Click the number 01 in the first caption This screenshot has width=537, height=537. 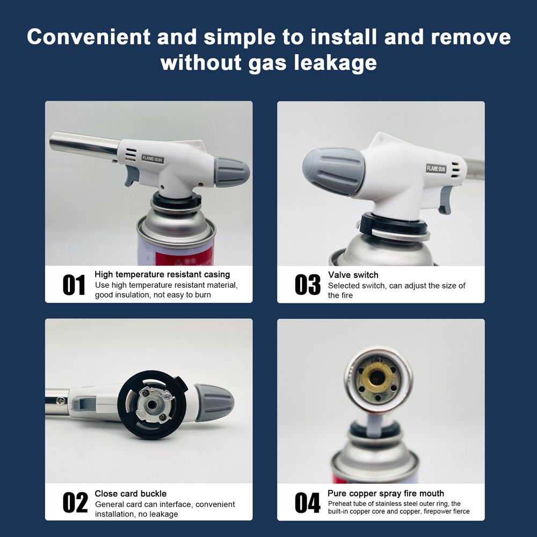(74, 285)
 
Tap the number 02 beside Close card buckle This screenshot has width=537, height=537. (75, 503)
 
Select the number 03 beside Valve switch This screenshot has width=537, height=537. (307, 285)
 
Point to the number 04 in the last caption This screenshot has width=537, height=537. (307, 503)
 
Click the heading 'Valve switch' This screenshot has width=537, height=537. (353, 274)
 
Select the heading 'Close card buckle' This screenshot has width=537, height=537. (130, 494)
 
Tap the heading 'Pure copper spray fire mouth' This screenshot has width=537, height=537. (386, 493)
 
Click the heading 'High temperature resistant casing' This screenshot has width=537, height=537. (162, 274)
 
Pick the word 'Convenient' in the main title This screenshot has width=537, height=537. (89, 37)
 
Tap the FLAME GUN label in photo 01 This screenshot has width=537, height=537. (153, 159)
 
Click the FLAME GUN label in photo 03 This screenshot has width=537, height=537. (436, 169)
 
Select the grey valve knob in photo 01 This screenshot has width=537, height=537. (231, 172)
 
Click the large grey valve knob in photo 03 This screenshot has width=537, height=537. (333, 172)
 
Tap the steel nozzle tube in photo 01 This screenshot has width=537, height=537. (84, 144)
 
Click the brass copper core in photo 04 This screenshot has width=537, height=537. (378, 378)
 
